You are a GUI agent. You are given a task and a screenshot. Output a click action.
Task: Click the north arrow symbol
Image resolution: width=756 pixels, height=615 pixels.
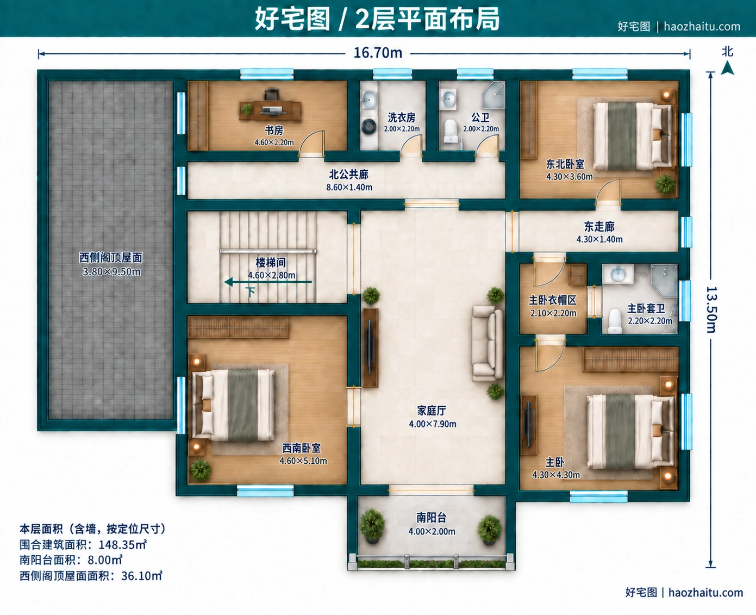pos(727,68)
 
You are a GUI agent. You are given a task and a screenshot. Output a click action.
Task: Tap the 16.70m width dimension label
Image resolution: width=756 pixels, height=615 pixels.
pos(378,53)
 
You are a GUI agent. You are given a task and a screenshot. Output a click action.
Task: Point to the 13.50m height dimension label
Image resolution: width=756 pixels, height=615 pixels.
pos(711,309)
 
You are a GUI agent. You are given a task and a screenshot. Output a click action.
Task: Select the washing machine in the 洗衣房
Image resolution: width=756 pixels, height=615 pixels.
pos(369,126)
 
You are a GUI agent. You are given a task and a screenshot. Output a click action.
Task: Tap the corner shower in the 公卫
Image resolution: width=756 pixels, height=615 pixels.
pos(493,95)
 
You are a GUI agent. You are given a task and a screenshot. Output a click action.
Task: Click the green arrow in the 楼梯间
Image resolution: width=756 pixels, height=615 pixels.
pos(268,282)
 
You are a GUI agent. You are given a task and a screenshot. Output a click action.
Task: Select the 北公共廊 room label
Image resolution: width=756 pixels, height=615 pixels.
pos(348,175)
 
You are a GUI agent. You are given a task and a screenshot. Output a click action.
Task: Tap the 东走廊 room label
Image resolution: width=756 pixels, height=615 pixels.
pos(599,227)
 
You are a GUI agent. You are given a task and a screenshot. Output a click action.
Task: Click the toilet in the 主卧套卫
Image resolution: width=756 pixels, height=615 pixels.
pos(615,321)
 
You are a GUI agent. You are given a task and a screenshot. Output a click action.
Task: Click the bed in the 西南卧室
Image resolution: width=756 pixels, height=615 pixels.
pos(233,405)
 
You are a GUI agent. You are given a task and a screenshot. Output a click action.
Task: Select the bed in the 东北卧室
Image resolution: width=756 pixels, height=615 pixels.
pos(633,136)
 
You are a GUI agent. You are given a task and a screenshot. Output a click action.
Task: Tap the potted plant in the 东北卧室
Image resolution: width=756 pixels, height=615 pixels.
pos(665,184)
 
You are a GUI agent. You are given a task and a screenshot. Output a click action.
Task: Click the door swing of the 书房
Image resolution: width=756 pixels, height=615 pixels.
pos(311,143)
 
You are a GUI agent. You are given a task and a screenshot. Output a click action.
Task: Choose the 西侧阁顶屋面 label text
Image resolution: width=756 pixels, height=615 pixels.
pos(111,258)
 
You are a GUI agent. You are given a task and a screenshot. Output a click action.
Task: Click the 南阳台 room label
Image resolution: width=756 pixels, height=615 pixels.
pos(431,518)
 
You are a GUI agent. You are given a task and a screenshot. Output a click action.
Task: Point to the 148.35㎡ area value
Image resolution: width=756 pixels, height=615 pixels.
pos(123,544)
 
